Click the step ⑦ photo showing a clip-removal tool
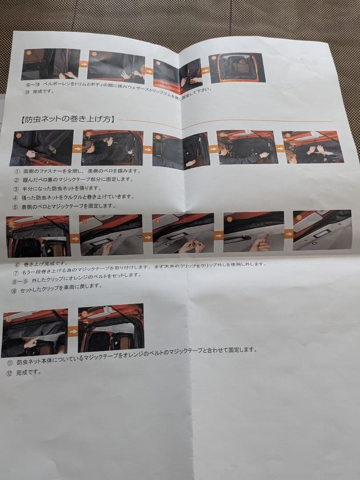[111, 235]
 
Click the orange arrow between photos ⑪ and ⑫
[73, 331]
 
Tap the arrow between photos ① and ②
[77, 148]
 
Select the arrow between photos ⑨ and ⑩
[289, 233]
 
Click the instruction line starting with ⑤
[64, 206]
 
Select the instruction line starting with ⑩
[58, 286]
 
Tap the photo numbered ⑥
[38, 236]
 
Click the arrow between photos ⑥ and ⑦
[75, 239]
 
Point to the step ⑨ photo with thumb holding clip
[253, 232]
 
